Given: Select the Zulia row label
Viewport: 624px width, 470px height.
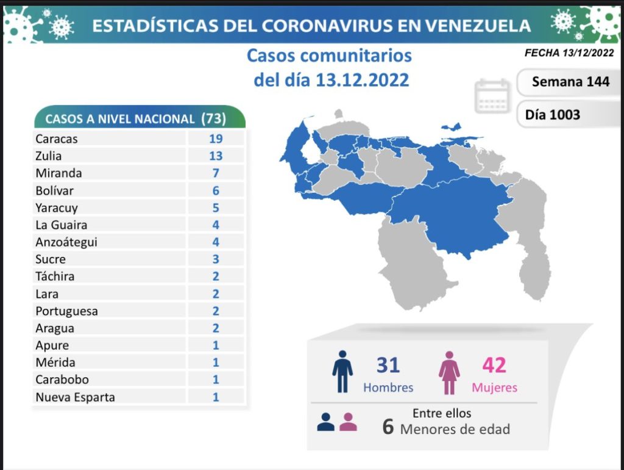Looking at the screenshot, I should point(49,156).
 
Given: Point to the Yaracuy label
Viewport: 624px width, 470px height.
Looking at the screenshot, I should point(57,208).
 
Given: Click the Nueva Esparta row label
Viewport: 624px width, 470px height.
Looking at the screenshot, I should point(75,397).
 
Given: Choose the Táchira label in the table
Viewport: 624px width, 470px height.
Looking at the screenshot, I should point(55,277).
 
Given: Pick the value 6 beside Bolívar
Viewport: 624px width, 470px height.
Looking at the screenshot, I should point(215,190).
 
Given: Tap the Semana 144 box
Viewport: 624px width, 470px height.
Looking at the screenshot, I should point(570,81).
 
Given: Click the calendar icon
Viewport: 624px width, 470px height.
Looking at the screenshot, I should point(492,96).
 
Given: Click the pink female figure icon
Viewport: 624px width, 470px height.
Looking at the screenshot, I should point(450,372).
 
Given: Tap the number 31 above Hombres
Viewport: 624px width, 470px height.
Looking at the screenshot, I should point(388,365).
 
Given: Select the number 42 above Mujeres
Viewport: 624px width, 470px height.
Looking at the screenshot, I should point(494,365).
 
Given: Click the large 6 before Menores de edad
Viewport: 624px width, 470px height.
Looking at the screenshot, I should point(388,427).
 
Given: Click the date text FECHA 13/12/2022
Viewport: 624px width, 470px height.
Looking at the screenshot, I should point(569,53).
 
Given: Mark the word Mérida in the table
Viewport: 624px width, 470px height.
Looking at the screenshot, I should point(55,363).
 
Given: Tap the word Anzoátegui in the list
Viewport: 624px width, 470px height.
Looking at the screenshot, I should point(66,242).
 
